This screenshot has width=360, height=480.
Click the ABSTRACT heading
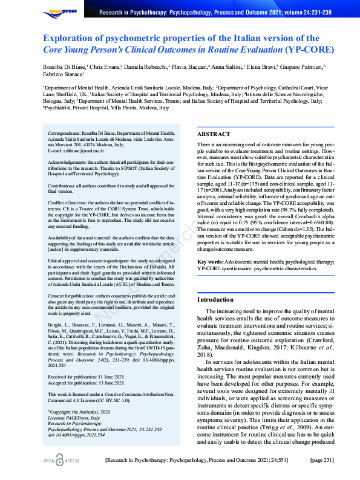click(214, 134)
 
